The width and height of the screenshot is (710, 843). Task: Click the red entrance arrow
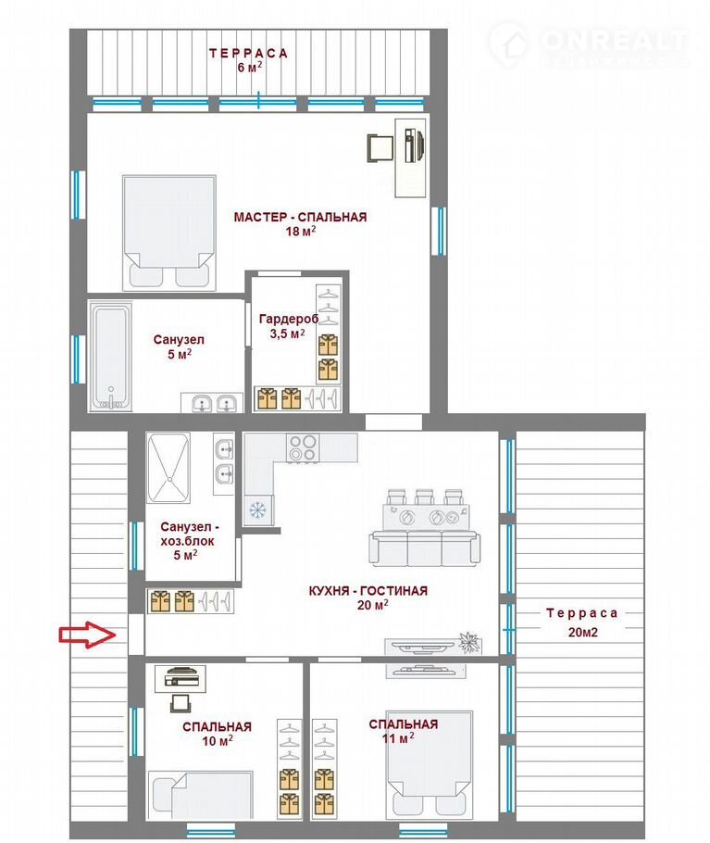87,635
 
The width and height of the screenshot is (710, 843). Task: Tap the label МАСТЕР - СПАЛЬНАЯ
300,217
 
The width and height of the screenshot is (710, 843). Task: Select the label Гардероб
289,319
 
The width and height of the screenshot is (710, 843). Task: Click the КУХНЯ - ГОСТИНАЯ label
367,591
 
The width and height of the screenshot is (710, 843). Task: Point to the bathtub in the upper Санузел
110,357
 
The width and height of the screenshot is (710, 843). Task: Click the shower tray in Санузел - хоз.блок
168,468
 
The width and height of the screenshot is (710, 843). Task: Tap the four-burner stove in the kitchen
303,447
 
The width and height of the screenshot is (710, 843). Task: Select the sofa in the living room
424,547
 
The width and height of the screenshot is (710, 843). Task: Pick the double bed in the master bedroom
168,233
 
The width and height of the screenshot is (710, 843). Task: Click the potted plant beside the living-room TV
469,643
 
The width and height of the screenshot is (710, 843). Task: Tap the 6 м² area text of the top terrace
250,68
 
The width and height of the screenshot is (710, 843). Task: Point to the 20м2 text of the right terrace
582,632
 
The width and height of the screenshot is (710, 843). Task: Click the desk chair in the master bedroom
380,147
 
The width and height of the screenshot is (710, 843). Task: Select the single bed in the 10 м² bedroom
200,796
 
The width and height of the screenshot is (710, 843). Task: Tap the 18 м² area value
300,232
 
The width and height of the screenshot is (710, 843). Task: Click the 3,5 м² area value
287,333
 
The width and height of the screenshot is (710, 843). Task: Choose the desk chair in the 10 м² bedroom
180,703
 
